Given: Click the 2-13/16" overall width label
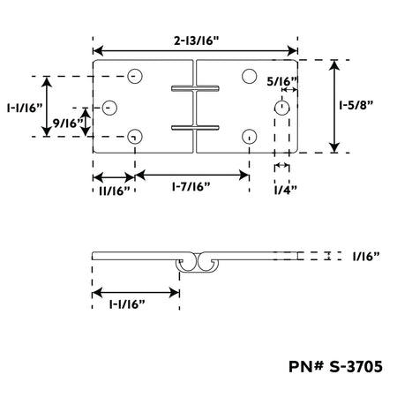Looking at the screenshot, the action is pyautogui.click(x=197, y=41).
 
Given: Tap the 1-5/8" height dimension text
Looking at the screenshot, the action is pyautogui.click(x=356, y=105).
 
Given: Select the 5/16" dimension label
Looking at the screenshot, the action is pyautogui.click(x=282, y=81).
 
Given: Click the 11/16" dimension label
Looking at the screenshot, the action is pyautogui.click(x=115, y=191).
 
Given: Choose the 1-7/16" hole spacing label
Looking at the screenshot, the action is pyautogui.click(x=191, y=186).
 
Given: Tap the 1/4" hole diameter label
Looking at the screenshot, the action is pyautogui.click(x=285, y=191).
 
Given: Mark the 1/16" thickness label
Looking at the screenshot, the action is pyautogui.click(x=366, y=257).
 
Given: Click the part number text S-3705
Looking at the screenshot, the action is pyautogui.click(x=356, y=367).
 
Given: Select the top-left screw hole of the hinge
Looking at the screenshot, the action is pyautogui.click(x=135, y=76).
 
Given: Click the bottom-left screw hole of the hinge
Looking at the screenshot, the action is pyautogui.click(x=135, y=137).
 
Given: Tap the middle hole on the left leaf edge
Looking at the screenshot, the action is pyautogui.click(x=109, y=108).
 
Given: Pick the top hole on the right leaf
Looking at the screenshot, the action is pyautogui.click(x=250, y=76).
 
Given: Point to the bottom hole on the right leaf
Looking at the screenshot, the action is pyautogui.click(x=250, y=137).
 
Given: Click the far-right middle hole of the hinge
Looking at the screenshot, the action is pyautogui.click(x=282, y=108).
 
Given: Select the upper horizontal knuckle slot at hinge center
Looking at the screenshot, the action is pyautogui.click(x=195, y=88).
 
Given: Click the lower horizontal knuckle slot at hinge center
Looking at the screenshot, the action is pyautogui.click(x=195, y=128).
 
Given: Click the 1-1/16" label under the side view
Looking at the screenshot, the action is pyautogui.click(x=127, y=304).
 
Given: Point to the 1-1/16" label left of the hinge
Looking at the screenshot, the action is pyautogui.click(x=25, y=109).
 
